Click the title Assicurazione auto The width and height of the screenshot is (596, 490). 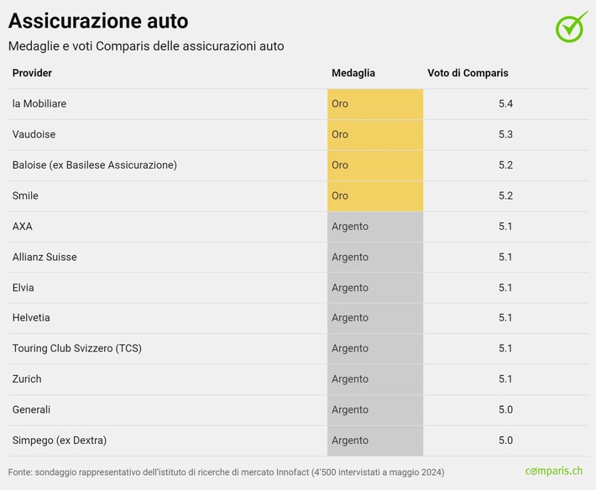pos(98,20)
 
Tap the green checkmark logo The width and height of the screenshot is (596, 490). pos(572,26)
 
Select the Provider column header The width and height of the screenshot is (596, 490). pos(32,73)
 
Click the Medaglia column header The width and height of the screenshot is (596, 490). pos(353,73)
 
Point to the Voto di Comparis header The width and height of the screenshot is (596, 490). pos(468,73)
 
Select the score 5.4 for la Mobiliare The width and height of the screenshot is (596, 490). pos(505,104)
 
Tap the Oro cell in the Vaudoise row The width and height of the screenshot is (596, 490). pos(374,134)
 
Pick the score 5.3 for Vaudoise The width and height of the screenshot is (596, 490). pos(505,134)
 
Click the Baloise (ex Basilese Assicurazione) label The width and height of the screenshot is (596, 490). pos(95,165)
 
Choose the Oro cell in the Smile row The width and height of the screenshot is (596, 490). pos(374,195)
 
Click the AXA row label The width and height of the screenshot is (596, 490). pos(23,227)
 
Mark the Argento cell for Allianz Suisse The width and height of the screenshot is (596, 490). pos(374,257)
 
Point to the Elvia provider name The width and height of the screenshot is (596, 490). pos(24,288)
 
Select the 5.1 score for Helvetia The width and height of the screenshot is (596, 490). pos(505,318)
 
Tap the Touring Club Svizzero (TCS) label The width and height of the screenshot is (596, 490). pos(77,348)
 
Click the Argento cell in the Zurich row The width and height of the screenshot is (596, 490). pos(374,379)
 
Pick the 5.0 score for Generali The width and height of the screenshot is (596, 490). pos(505,409)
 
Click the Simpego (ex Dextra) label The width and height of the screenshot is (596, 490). pos(60,440)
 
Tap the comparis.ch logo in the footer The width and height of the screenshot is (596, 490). pos(553,472)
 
